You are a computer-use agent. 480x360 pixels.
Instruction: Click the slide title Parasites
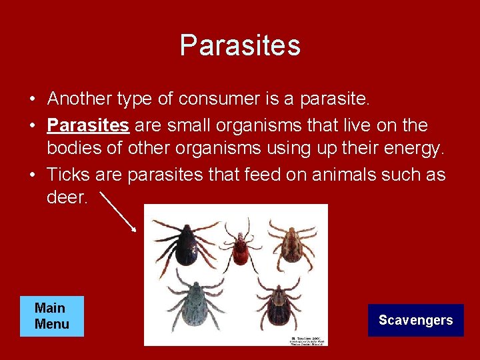point(240,45)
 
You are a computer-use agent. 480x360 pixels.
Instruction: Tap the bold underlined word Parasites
point(88,125)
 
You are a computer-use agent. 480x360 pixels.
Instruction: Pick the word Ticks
point(69,175)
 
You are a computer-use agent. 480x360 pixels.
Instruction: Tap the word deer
point(67,197)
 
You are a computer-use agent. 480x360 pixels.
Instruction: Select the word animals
point(340,175)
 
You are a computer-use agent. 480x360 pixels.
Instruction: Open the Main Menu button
point(51,317)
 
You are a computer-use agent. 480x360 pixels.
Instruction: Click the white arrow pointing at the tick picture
point(120,211)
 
